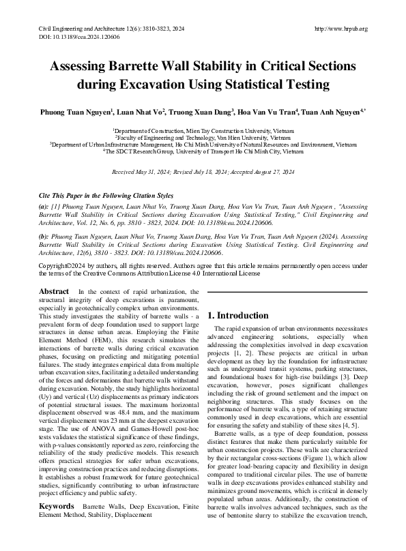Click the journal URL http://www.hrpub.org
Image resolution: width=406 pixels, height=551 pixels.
(x=341, y=28)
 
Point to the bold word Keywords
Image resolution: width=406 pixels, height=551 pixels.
(x=56, y=507)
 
